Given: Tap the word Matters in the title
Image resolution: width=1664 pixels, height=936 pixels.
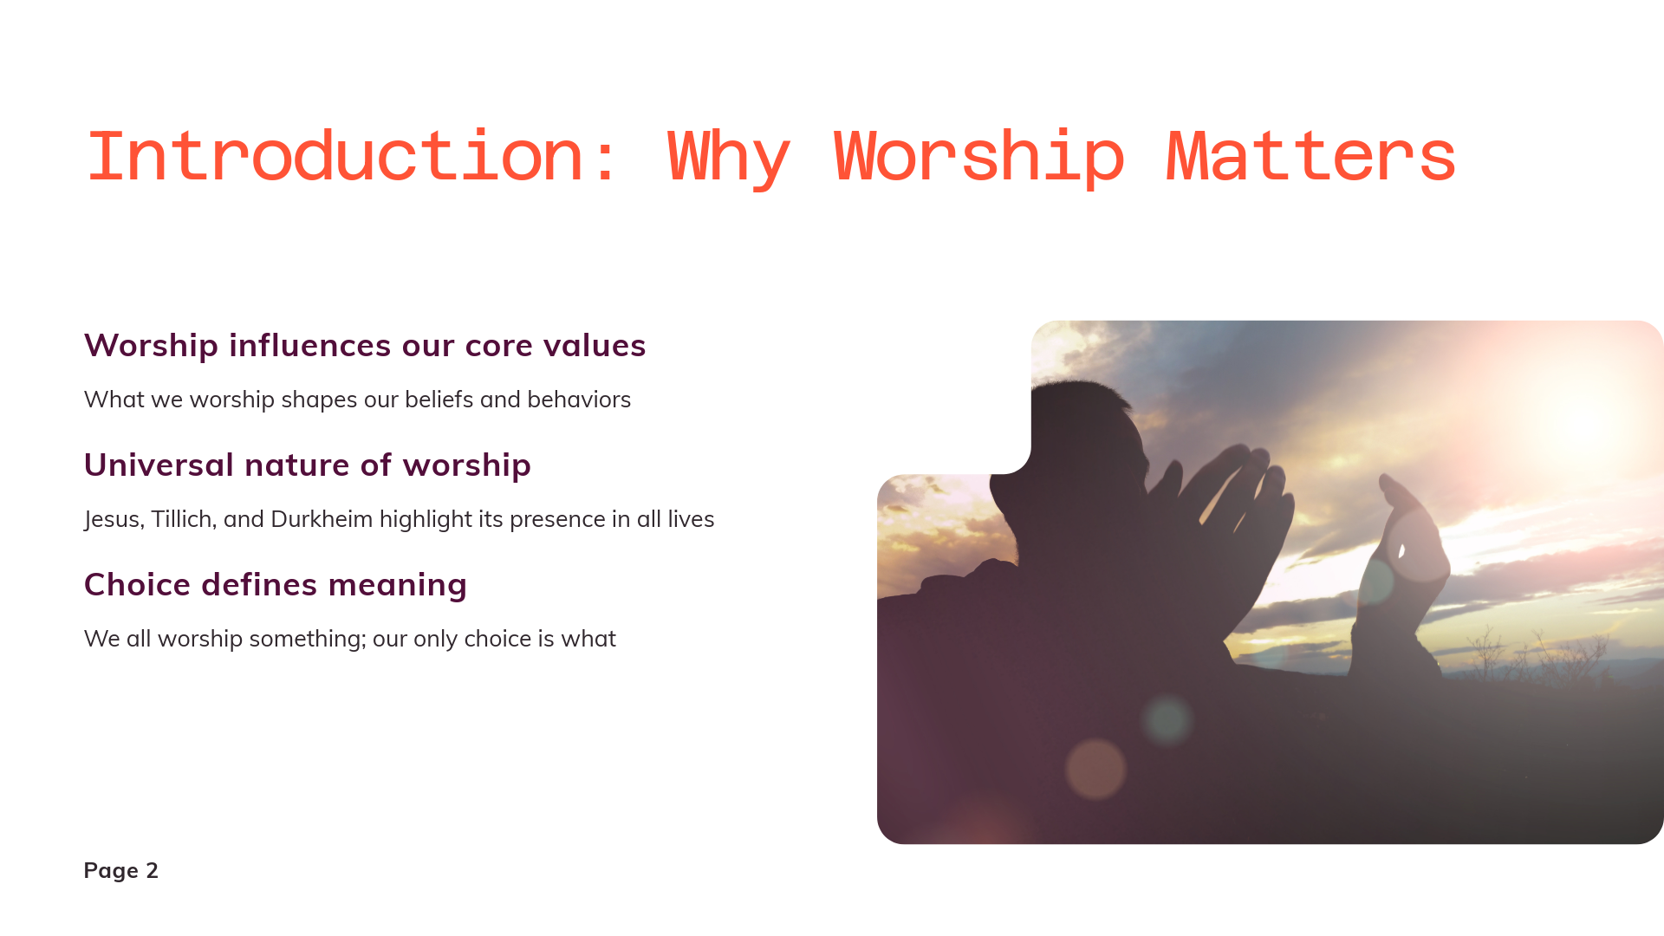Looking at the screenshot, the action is click(1310, 156).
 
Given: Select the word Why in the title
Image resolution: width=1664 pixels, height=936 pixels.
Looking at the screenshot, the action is click(728, 159).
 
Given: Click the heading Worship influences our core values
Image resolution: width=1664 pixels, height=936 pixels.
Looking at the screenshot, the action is click(365, 345).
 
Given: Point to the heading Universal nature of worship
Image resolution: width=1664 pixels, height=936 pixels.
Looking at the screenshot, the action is click(308, 465).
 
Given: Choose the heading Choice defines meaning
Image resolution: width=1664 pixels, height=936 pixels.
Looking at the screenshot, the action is click(276, 584).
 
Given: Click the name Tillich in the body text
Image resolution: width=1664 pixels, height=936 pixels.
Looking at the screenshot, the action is click(182, 519).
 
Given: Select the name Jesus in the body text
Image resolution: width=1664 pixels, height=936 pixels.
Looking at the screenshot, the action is click(114, 519).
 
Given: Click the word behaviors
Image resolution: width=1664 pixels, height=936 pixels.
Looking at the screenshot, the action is click(579, 400).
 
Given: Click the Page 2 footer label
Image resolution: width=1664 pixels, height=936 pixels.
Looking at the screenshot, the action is click(121, 870).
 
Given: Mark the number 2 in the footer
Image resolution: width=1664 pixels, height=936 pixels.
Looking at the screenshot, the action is click(153, 870).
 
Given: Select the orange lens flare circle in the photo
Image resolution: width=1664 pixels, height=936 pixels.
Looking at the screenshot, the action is click(1095, 769).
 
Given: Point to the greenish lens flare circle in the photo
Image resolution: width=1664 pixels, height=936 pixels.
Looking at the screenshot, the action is click(1167, 719).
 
